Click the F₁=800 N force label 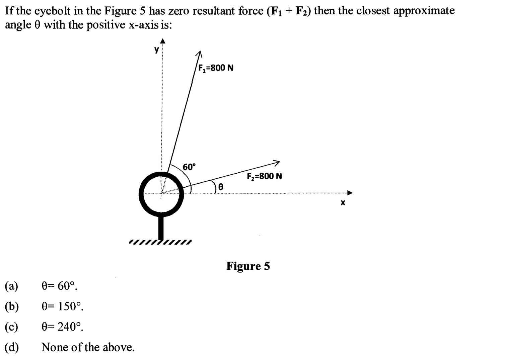[216, 68]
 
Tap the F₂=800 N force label [264, 176]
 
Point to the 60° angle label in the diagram [189, 167]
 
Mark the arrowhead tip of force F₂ [279, 162]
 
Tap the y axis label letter [156, 50]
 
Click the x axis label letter [343, 203]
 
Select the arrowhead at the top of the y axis [162, 41]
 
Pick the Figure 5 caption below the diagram [248, 266]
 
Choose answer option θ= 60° [59, 286]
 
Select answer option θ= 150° [62, 306]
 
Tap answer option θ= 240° [62, 327]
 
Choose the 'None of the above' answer [88, 347]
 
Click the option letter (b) [12, 306]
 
